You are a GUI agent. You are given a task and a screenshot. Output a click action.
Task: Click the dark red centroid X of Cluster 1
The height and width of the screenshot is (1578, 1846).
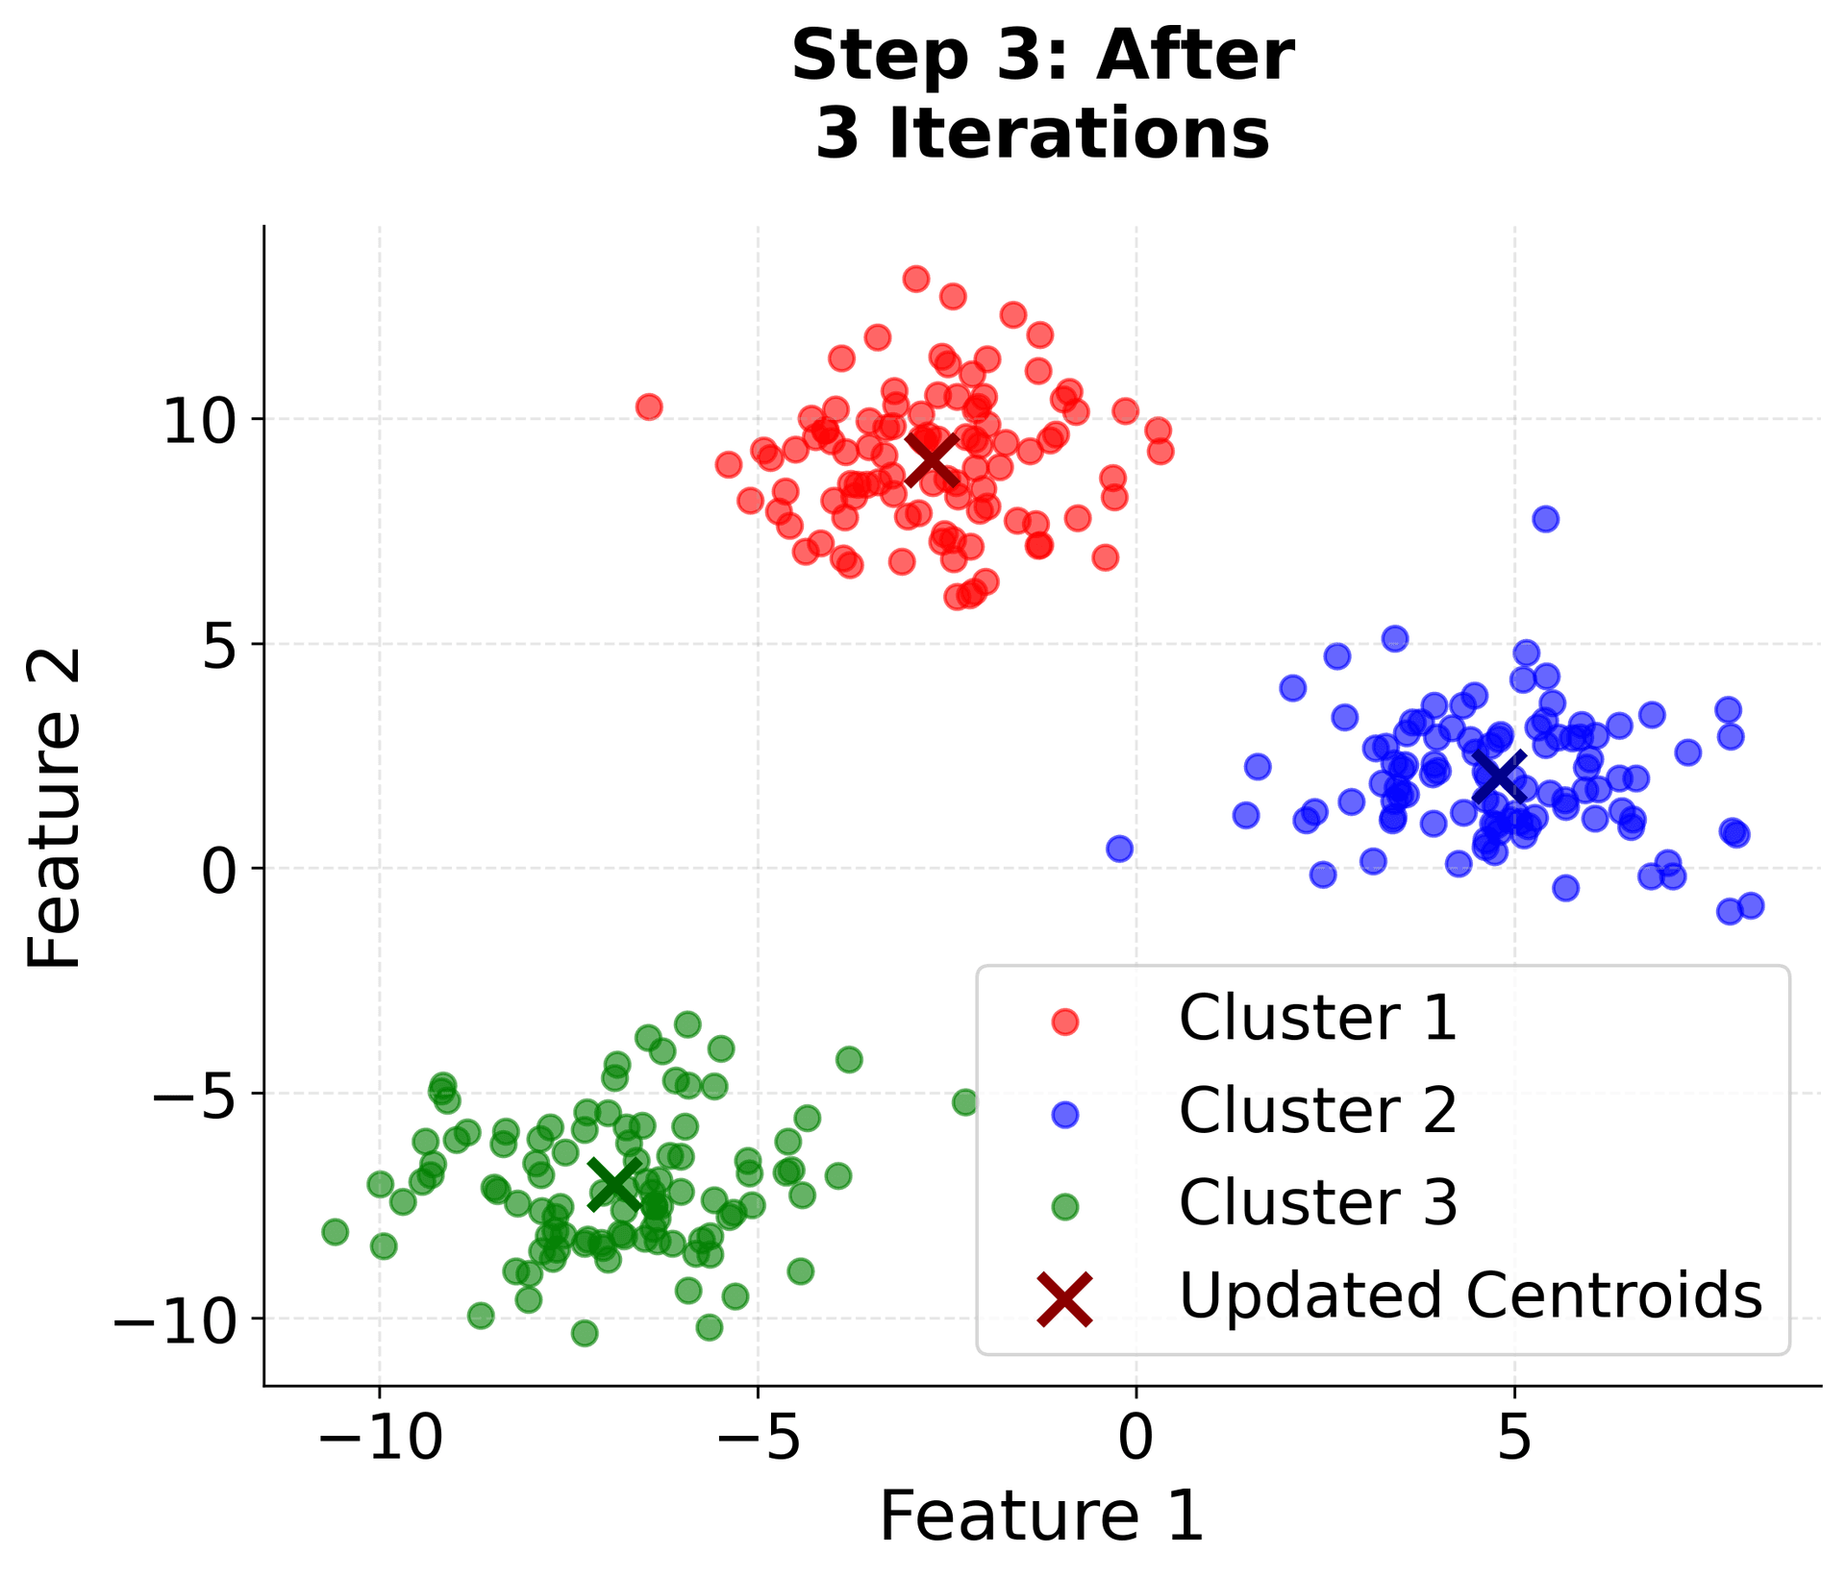click(932, 458)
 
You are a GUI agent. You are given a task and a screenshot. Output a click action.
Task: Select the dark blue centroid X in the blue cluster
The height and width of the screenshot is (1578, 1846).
click(1499, 777)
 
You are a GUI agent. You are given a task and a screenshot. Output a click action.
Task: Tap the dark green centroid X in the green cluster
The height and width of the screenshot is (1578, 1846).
click(614, 1185)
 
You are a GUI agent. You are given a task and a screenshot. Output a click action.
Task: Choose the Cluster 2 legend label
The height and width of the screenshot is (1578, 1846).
click(1317, 1110)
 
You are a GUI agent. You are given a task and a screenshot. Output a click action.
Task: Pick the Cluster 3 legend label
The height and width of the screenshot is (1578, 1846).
click(1317, 1202)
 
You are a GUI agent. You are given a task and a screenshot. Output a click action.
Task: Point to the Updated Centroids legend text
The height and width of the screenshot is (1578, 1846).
click(1470, 1294)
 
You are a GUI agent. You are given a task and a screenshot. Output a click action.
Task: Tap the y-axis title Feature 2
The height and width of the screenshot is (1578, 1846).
click(55, 807)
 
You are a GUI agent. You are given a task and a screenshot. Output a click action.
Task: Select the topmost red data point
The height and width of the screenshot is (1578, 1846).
click(916, 280)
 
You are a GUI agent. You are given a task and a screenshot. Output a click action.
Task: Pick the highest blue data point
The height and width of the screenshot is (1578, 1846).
click(1546, 519)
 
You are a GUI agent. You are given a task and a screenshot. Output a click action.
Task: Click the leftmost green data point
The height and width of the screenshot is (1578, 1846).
click(335, 1232)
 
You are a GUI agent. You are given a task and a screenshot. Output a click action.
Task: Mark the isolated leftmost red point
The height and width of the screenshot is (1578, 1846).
click(649, 407)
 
